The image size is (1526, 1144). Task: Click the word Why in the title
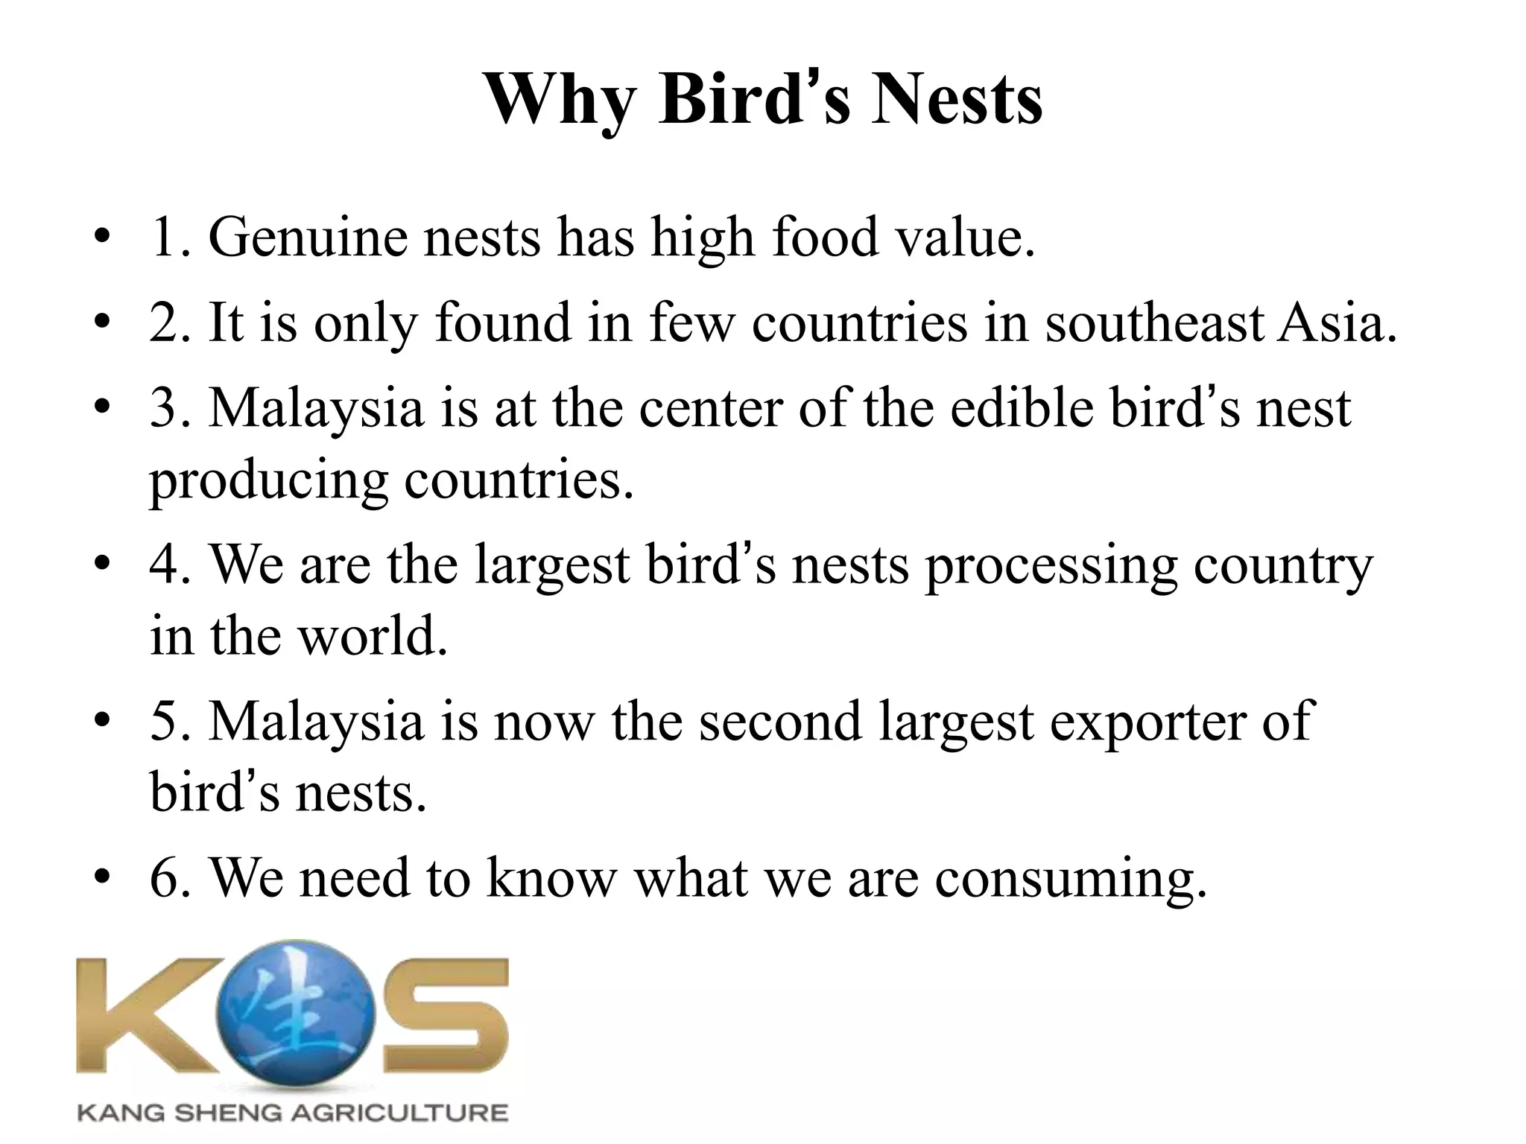(560, 101)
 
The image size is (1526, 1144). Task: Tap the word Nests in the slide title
(957, 101)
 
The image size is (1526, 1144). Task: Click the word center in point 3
(712, 408)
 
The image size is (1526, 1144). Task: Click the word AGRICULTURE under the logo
(399, 1113)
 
